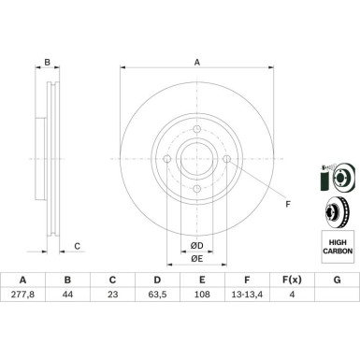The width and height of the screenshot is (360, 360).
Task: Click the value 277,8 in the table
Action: (22, 295)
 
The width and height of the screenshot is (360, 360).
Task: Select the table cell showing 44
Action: (67, 295)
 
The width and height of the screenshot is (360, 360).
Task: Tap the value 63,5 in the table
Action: (157, 295)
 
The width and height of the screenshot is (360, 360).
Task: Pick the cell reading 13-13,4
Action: (247, 295)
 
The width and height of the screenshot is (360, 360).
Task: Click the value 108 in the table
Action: (202, 295)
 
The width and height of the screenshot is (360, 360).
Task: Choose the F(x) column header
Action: (292, 280)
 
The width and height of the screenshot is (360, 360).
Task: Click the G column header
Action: (338, 280)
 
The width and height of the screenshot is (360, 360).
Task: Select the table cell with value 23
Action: (112, 295)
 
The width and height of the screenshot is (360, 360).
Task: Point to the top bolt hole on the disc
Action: (197, 129)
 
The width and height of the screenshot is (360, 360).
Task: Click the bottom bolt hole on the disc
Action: (197, 189)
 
